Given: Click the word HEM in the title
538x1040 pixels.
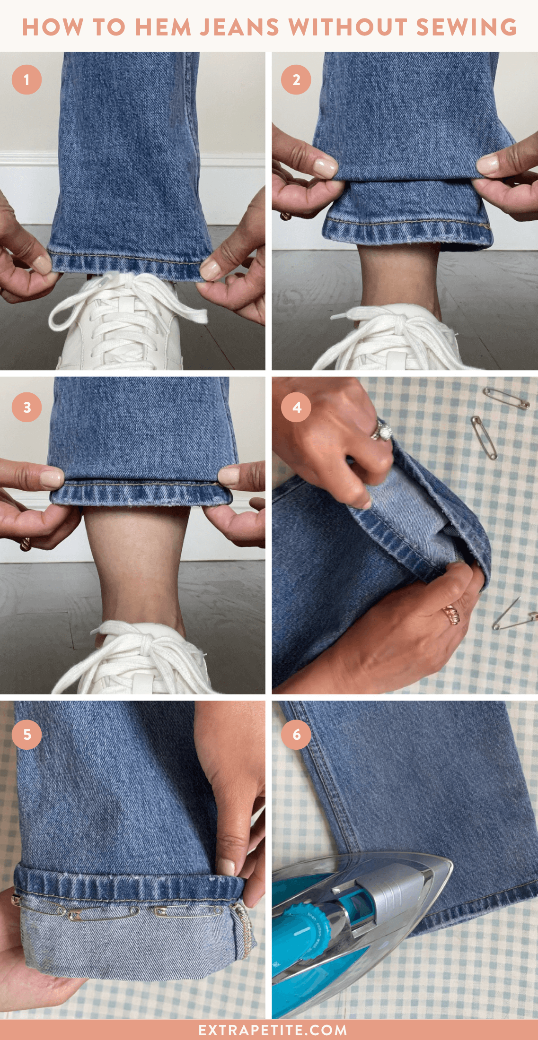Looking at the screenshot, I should (x=163, y=27).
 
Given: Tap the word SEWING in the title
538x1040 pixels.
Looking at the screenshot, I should (x=467, y=27).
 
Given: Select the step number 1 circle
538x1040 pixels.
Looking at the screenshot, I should (x=26, y=79).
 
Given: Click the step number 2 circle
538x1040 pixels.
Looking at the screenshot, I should (x=296, y=79).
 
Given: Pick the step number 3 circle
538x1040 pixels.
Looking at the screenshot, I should (x=26, y=407).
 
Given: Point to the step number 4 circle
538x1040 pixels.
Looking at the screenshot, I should (x=296, y=407).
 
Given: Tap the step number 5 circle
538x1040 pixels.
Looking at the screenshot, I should (x=26, y=734).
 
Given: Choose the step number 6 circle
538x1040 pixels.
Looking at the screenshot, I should (x=296, y=734).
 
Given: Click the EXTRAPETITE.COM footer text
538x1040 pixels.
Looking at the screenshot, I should (x=273, y=1030).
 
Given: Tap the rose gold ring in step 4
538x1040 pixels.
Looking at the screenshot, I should (x=450, y=615).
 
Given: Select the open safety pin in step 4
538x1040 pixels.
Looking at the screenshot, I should (x=513, y=617).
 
